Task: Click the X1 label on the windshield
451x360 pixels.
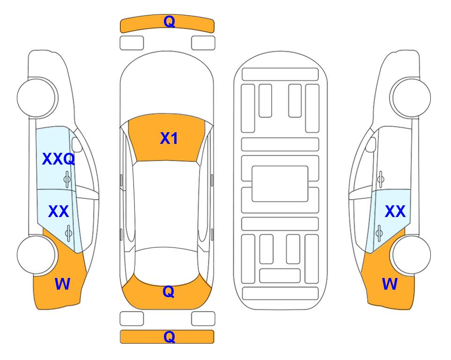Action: [169, 138]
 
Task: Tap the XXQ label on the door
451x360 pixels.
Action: [59, 159]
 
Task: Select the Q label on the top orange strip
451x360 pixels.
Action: [169, 22]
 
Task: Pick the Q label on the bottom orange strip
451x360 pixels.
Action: [169, 337]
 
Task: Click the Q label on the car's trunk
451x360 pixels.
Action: [169, 292]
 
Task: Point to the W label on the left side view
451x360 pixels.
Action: [62, 284]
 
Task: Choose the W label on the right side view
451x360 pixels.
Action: [390, 284]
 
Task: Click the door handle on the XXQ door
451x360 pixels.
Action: [67, 179]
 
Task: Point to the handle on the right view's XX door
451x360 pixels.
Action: [379, 232]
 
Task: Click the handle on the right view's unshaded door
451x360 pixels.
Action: [381, 179]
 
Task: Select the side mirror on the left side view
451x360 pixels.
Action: [77, 144]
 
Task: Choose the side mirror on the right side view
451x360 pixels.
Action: [371, 144]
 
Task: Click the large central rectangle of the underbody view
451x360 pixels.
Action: [280, 184]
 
